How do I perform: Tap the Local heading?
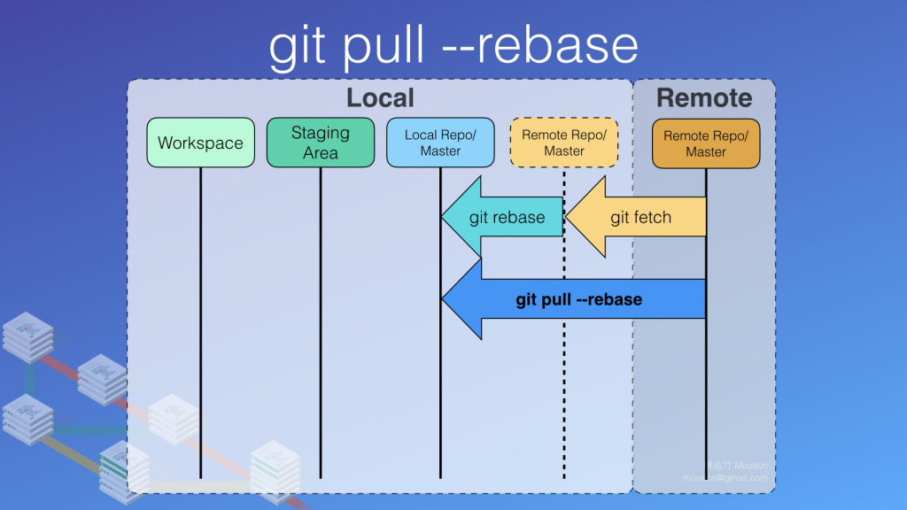coord(379,97)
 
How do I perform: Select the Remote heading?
coord(703,97)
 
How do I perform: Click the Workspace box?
coord(200,143)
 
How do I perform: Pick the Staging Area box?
coord(321,143)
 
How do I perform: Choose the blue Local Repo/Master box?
coord(440,143)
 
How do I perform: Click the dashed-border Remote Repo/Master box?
coord(564,143)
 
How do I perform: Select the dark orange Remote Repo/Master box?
coord(706,143)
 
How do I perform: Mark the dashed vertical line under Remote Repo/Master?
coord(564,398)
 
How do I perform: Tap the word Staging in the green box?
coord(321,133)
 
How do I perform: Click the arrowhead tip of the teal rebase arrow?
coord(444,217)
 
